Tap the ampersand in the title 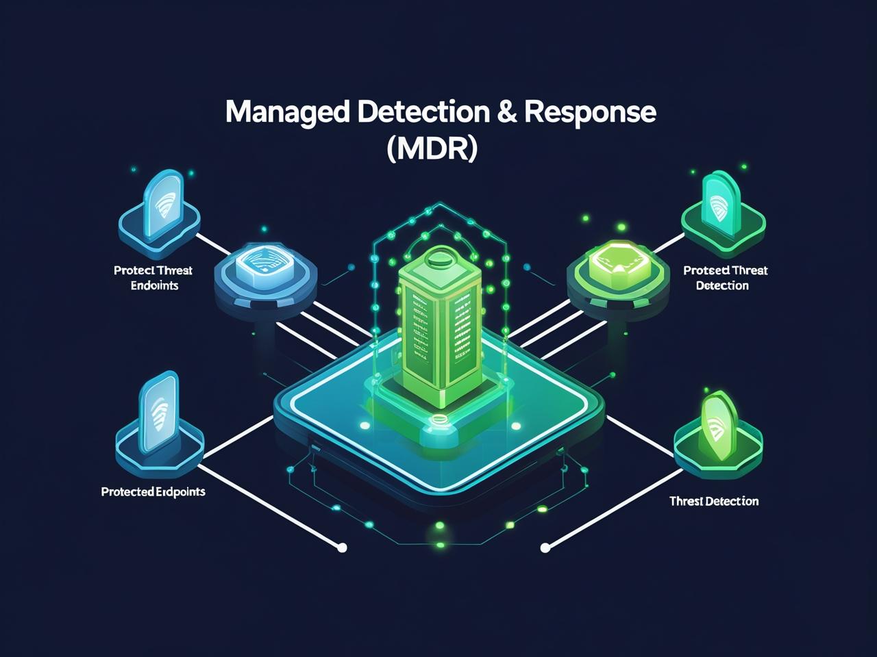pos(508,112)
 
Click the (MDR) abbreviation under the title pos(431,149)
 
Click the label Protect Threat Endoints pos(153,278)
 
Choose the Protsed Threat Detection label pos(725,278)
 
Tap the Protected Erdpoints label pos(153,491)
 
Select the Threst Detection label pos(714,501)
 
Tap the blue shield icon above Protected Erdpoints pos(159,414)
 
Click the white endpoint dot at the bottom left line pos(343,547)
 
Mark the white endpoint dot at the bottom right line pos(545,547)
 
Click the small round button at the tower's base pos(437,418)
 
